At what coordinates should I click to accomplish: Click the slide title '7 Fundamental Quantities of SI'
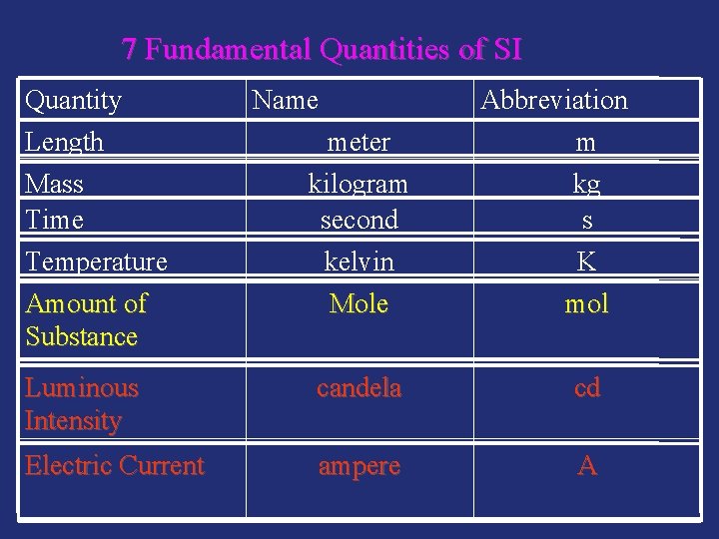click(x=322, y=49)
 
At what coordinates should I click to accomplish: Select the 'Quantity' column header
click(x=73, y=100)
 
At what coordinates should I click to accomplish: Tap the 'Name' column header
click(x=286, y=100)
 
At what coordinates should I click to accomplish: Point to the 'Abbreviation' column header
click(x=554, y=100)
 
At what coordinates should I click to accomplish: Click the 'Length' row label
click(x=65, y=142)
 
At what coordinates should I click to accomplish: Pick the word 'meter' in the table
click(x=359, y=143)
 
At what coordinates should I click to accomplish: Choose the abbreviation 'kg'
click(x=586, y=184)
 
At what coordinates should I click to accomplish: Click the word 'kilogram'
click(x=359, y=185)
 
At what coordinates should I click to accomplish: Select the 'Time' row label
click(x=54, y=220)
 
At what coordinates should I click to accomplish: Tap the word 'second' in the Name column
click(x=359, y=220)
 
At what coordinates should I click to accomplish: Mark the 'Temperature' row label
click(x=96, y=262)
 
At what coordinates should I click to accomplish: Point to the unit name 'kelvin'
click(x=359, y=262)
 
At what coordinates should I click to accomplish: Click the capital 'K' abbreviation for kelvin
click(x=586, y=262)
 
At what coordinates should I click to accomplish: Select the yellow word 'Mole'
click(x=359, y=303)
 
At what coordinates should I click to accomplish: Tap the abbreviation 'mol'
click(x=586, y=303)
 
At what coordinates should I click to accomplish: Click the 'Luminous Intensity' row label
click(x=81, y=404)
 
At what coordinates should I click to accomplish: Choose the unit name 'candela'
click(x=359, y=388)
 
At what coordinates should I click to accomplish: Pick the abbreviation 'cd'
click(x=586, y=388)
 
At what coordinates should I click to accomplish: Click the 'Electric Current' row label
click(x=115, y=466)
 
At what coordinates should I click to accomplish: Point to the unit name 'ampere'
click(x=359, y=466)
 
